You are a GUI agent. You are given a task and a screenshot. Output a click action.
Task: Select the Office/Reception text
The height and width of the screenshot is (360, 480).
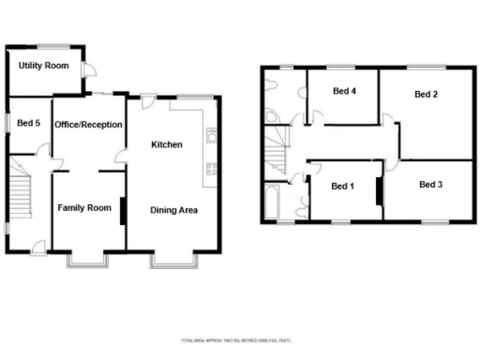coord(88,125)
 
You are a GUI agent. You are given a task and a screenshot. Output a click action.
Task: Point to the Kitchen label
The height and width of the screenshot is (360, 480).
coord(167,144)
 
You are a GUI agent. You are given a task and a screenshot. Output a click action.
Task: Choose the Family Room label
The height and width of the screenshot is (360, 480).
coord(84,207)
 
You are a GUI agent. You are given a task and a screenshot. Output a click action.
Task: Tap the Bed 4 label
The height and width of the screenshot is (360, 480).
coord(345,91)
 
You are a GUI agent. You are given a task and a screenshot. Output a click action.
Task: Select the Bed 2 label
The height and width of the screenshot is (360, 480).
coord(427,95)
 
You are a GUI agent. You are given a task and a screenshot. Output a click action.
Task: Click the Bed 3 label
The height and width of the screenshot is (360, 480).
coord(430,185)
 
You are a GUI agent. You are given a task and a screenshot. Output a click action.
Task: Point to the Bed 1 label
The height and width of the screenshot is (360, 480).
coord(343,186)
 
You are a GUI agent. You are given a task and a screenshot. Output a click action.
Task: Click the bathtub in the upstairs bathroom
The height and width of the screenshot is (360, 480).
coord(273,202)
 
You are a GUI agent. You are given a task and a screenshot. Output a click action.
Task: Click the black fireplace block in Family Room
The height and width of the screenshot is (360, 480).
coord(123,211)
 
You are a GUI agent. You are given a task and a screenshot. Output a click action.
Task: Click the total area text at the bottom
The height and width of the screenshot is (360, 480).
coord(239,339)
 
